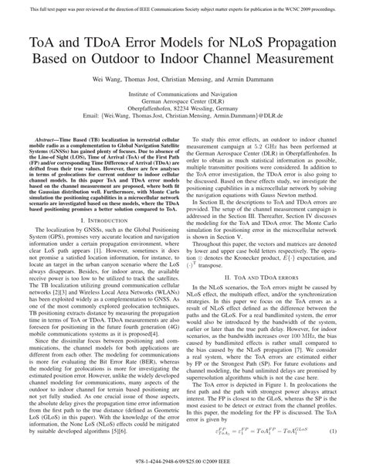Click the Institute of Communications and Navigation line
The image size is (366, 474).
[183, 95]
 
